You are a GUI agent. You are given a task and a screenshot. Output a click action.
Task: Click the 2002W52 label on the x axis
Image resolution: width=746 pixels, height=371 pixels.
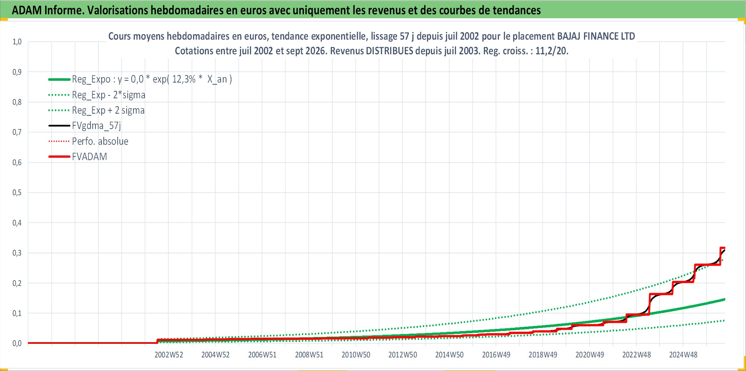coord(168,355)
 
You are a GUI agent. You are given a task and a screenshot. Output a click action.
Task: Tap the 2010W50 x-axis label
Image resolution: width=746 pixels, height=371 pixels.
coord(356,355)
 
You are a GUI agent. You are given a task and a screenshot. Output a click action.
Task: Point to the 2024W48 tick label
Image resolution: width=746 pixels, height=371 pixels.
coord(683,355)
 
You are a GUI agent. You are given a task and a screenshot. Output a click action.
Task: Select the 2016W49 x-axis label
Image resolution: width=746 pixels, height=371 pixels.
coord(496,355)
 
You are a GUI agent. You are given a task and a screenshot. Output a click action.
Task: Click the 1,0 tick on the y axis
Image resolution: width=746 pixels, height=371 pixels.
coord(17,41)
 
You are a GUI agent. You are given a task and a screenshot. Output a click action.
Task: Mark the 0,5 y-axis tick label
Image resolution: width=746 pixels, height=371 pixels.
coord(17,192)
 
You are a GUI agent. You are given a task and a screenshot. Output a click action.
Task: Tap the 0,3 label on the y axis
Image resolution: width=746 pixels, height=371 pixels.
coord(17,253)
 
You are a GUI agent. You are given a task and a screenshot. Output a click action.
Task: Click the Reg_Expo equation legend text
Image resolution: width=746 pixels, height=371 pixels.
coord(152,79)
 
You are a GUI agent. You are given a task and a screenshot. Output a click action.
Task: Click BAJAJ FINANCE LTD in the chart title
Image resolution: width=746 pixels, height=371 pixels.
coord(596,36)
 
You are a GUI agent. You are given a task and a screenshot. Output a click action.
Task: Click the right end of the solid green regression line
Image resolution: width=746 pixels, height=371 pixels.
coord(725,299)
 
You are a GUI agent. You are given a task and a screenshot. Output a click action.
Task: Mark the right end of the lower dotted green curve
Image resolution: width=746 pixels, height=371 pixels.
coord(725,321)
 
